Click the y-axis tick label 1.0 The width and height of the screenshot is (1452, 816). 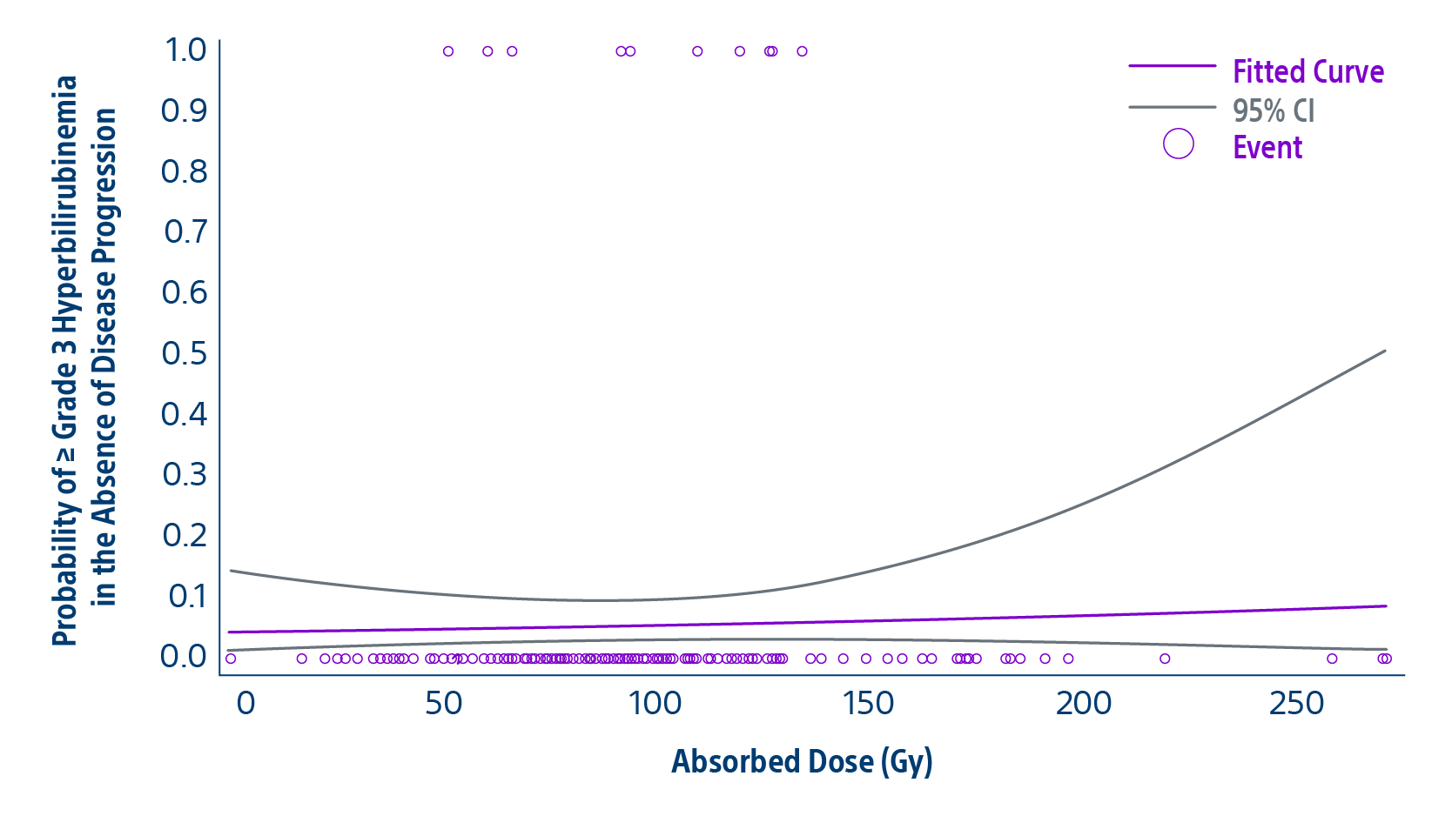point(185,50)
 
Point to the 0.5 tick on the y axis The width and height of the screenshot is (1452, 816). point(185,353)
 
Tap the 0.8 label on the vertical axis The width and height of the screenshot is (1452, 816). point(185,171)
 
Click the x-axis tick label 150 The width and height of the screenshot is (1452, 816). point(868,703)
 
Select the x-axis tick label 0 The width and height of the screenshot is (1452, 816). point(246,703)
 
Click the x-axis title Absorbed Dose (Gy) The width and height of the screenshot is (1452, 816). point(802,761)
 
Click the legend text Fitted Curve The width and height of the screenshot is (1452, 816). point(1307,71)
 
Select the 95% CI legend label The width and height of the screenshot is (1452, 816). point(1273,110)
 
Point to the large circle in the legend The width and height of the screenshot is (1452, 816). point(1178,144)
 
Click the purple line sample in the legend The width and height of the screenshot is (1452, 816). point(1172,66)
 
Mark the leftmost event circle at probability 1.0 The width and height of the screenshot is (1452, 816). point(448,51)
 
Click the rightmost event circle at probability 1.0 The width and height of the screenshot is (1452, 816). point(802,51)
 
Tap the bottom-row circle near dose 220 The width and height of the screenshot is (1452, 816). point(1165,659)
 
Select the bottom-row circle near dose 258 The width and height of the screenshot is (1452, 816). point(1331,659)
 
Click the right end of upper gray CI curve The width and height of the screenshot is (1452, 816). point(1384,351)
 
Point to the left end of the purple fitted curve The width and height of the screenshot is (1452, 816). point(230,632)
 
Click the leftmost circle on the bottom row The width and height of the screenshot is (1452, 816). point(231,659)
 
